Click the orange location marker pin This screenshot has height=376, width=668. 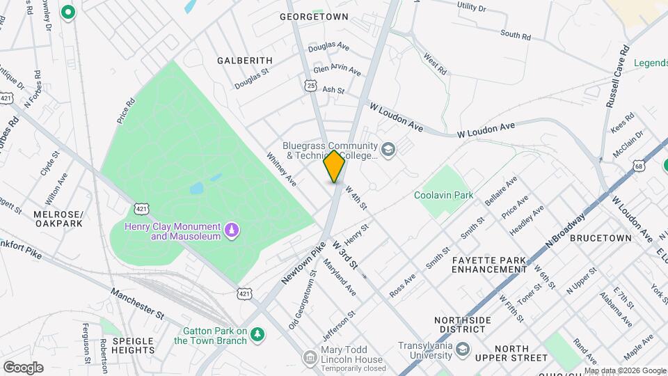pos(335,166)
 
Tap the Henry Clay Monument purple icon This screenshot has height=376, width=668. pos(231,229)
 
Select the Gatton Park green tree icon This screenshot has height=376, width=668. pos(258,335)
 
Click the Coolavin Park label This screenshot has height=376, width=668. pos(443,195)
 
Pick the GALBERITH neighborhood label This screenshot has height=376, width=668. pos(244,61)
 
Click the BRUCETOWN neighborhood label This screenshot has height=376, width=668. pos(601,237)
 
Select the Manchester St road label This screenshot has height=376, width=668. pos(136,304)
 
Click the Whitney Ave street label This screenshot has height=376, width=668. pos(282,169)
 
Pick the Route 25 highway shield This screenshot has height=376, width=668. pos(310,85)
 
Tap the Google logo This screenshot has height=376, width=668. pos(23,367)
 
